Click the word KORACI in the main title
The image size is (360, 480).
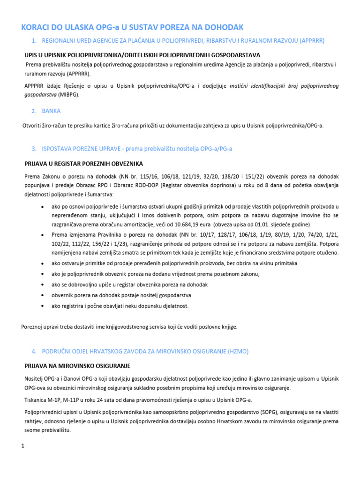pyautogui.click(x=38, y=27)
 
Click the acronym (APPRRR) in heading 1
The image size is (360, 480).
pyautogui.click(x=322, y=41)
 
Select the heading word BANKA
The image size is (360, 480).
pyautogui.click(x=51, y=111)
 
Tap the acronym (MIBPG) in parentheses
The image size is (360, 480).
pyautogui.click(x=69, y=94)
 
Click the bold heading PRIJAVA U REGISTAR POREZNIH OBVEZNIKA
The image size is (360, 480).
pyautogui.click(x=83, y=164)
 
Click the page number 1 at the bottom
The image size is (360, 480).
pyautogui.click(x=22, y=446)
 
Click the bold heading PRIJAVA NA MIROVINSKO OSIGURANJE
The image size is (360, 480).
pyautogui.click(x=77, y=366)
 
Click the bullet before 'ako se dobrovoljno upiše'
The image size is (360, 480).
pyautogui.click(x=43, y=285)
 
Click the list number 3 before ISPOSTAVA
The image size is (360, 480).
pyautogui.click(x=34, y=149)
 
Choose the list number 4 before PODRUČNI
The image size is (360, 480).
pyautogui.click(x=34, y=351)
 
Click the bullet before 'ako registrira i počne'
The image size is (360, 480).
pyautogui.click(x=43, y=306)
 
